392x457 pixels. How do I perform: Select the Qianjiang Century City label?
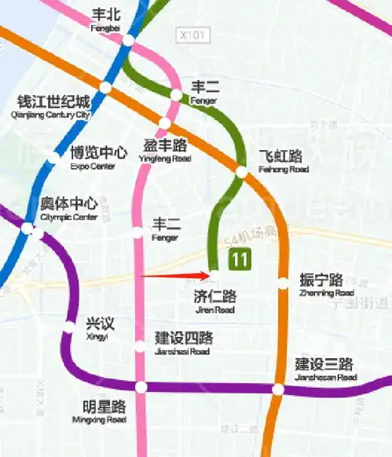click(x=53, y=106)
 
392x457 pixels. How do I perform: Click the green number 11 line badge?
click(x=239, y=258)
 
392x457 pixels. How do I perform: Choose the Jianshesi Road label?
click(x=182, y=343)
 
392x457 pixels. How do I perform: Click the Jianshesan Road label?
click(x=324, y=369)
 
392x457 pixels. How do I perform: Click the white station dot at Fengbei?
click(x=128, y=39)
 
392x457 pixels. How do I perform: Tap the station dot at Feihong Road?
click(x=242, y=170)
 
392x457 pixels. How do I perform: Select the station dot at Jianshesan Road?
click(x=278, y=389)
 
